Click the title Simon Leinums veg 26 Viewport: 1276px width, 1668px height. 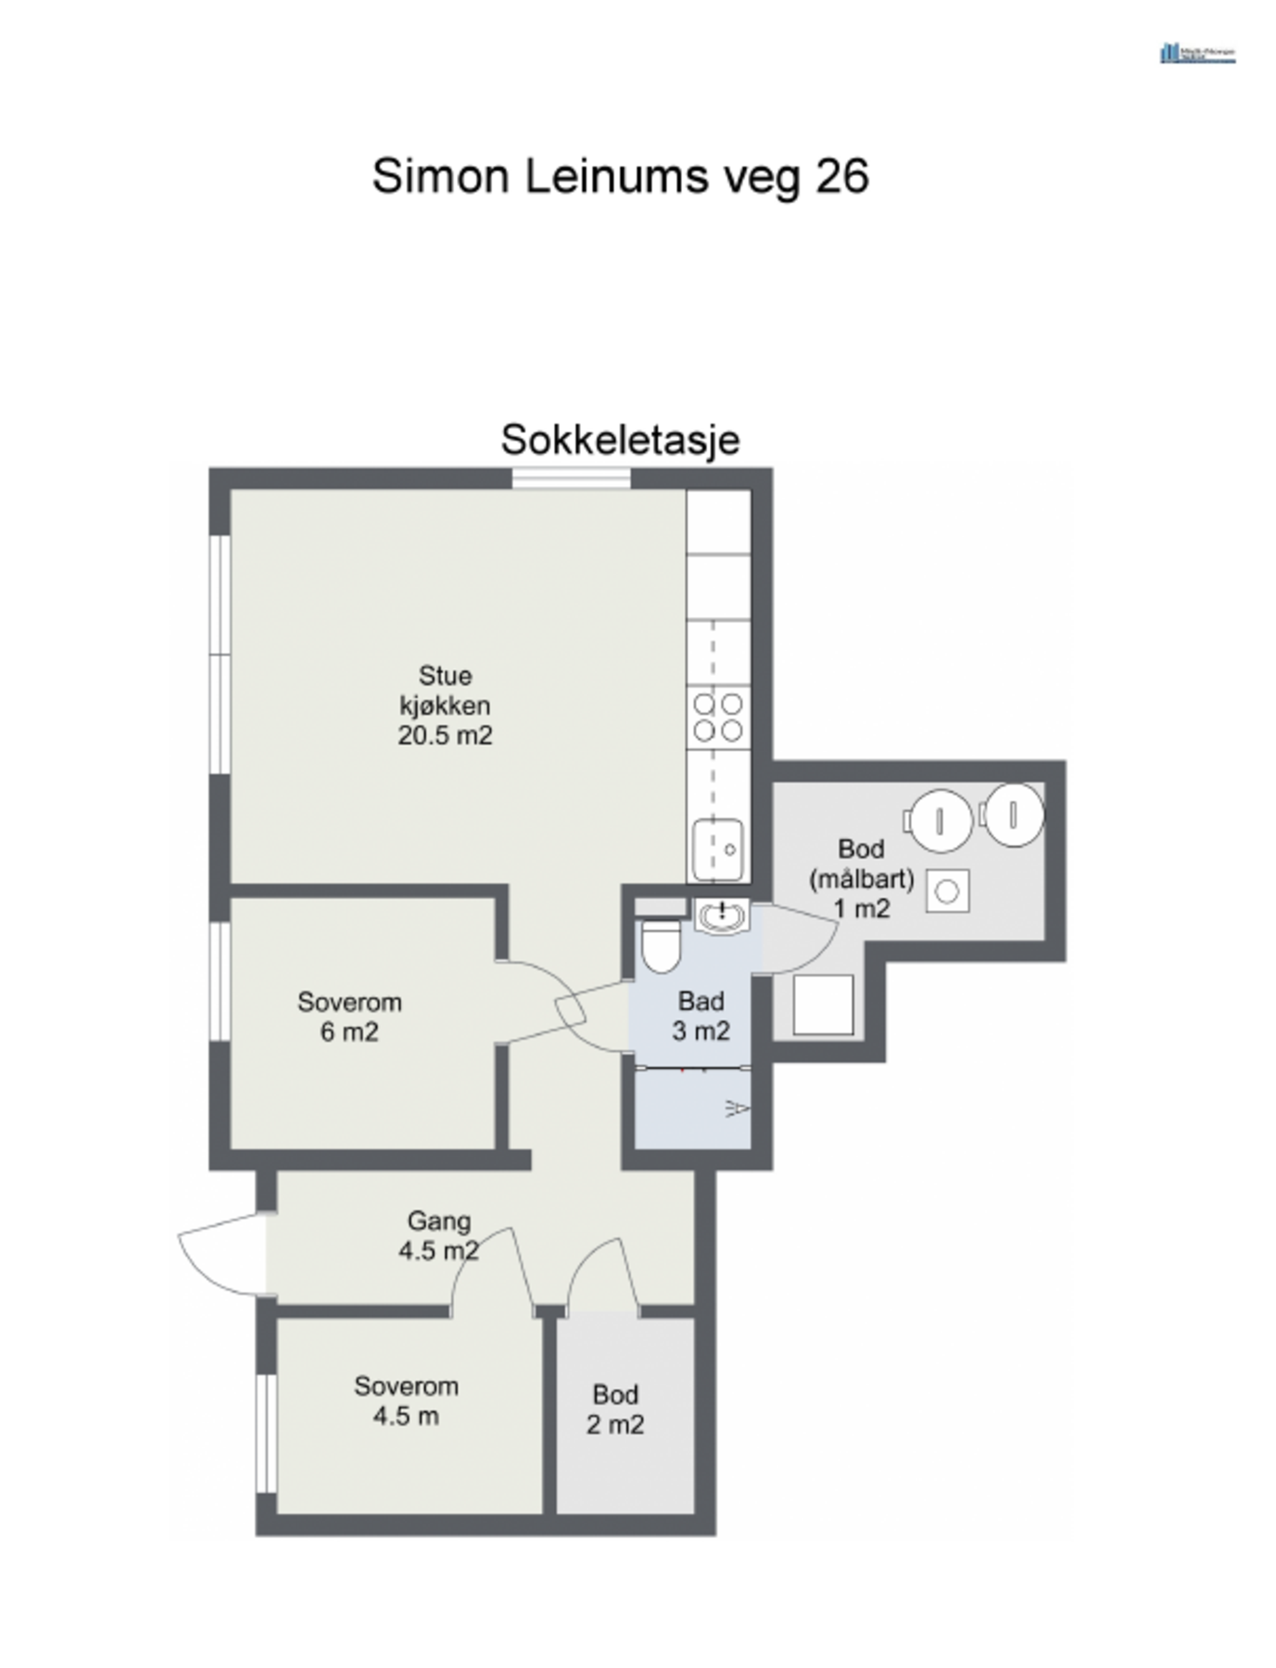click(620, 176)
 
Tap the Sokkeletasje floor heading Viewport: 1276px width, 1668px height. click(620, 439)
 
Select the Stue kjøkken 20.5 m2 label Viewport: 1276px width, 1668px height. click(445, 705)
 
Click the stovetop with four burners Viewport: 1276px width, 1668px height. click(718, 717)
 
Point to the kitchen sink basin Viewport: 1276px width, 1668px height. click(718, 848)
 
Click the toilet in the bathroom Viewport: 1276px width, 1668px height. click(661, 945)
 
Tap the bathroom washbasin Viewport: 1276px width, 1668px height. click(721, 916)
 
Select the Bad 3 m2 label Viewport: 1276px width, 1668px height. click(701, 1016)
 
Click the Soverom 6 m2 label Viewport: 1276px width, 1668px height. click(349, 1017)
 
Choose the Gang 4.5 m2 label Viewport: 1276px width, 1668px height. click(438, 1235)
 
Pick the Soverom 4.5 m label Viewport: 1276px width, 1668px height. click(406, 1400)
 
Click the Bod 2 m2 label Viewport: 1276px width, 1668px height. click(615, 1409)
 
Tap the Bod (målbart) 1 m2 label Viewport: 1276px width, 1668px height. click(861, 878)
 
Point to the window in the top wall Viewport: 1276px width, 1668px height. click(571, 478)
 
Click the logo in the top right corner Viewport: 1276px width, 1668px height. click(1197, 53)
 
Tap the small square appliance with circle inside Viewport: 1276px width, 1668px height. click(947, 891)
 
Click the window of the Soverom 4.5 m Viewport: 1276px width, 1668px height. click(266, 1433)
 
